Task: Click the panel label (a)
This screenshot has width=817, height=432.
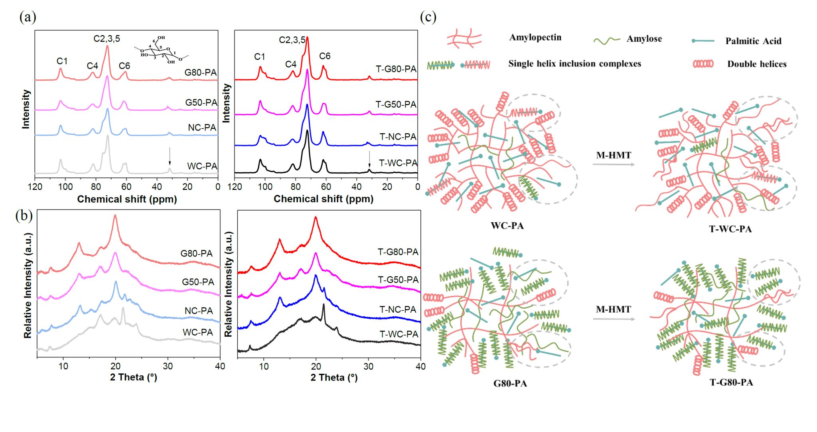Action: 28,17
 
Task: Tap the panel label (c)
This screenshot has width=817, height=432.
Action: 428,17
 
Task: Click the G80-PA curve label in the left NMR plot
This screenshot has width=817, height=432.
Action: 200,73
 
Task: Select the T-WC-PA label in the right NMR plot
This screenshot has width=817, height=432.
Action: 398,163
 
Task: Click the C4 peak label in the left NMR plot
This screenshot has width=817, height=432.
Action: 92,66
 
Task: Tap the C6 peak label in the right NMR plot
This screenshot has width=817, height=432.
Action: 325,56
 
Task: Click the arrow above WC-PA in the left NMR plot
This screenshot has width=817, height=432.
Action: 170,156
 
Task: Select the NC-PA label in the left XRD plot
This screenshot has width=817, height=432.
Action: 198,311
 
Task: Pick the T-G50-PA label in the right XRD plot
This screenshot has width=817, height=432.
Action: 398,280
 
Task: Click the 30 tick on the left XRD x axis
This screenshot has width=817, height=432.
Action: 168,366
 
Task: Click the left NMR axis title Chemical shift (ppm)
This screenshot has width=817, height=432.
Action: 127,199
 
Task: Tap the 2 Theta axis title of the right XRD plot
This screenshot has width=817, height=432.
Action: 334,377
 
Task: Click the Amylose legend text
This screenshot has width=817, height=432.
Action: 644,39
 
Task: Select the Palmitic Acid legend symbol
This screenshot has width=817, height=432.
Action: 703,41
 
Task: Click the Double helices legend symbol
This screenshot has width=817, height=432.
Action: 703,64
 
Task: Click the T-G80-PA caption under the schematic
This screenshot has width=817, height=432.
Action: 731,383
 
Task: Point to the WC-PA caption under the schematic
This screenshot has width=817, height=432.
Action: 507,226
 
